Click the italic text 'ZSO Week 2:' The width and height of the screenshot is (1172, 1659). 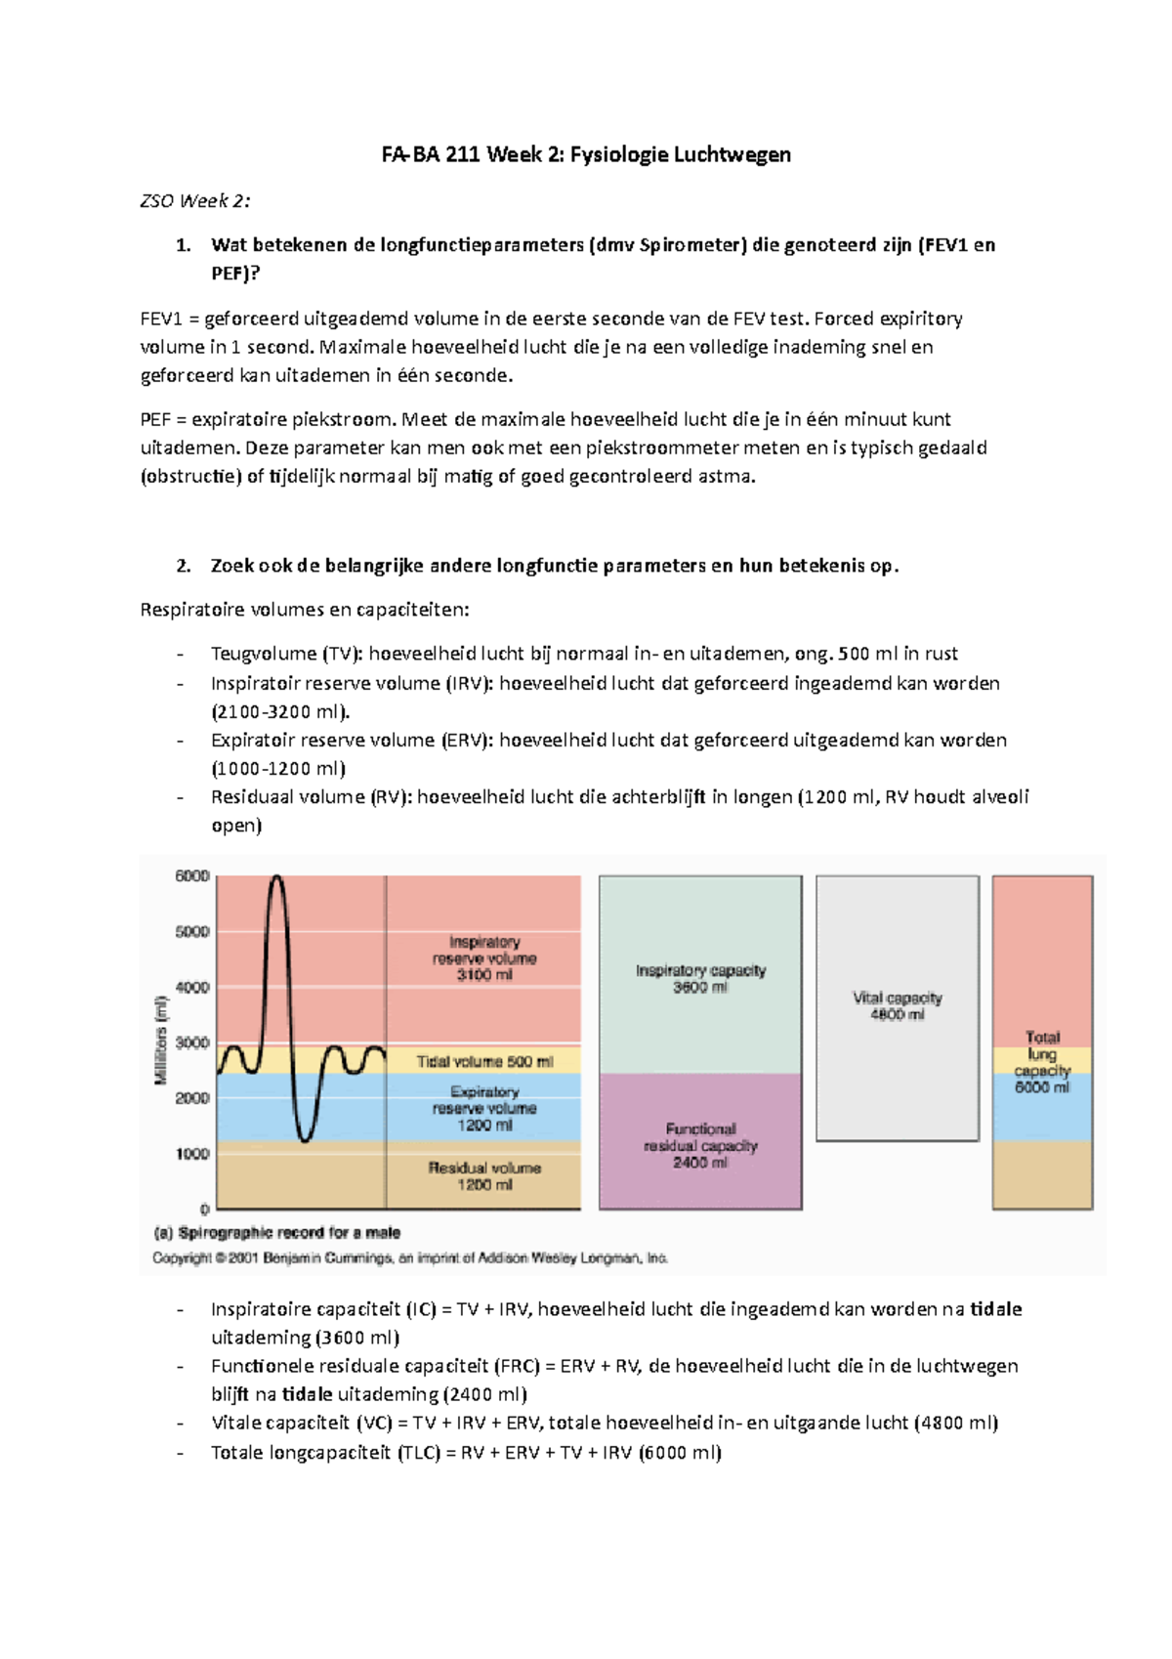194,201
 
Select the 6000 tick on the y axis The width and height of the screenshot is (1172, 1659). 192,876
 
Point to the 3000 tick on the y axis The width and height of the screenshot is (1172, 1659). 192,1042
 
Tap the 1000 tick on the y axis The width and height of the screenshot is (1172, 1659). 192,1154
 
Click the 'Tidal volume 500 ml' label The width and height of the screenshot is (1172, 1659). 484,1061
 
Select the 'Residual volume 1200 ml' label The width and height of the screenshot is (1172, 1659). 484,1176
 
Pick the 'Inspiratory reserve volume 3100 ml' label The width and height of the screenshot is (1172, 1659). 484,958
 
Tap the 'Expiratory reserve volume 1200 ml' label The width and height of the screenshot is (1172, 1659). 484,1109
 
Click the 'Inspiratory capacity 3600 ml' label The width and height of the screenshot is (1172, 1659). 700,979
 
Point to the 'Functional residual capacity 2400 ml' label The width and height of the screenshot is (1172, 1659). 700,1145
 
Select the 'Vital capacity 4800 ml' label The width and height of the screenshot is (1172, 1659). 897,1006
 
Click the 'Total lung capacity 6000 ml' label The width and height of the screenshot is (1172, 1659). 1042,1062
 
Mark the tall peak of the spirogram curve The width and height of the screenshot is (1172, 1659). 277,878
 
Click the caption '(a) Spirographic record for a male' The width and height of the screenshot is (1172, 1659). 276,1233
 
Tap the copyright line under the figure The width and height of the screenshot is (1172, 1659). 410,1258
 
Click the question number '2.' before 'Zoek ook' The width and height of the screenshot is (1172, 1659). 183,566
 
